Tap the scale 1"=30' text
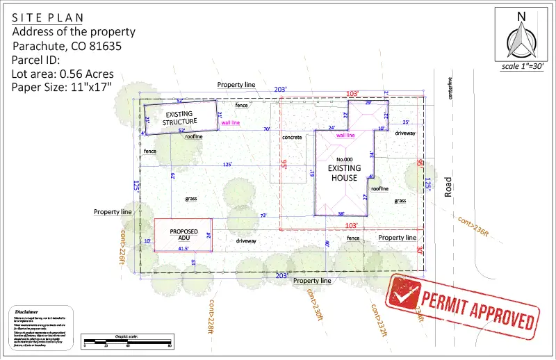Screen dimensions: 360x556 click(x=522, y=67)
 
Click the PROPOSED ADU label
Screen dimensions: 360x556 click(x=184, y=234)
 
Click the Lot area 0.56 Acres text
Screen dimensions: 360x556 click(x=63, y=74)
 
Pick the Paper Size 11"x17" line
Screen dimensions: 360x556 click(x=62, y=87)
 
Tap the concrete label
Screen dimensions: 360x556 click(x=292, y=138)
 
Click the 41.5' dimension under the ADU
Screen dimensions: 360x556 click(x=183, y=248)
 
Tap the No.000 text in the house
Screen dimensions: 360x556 click(x=345, y=160)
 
